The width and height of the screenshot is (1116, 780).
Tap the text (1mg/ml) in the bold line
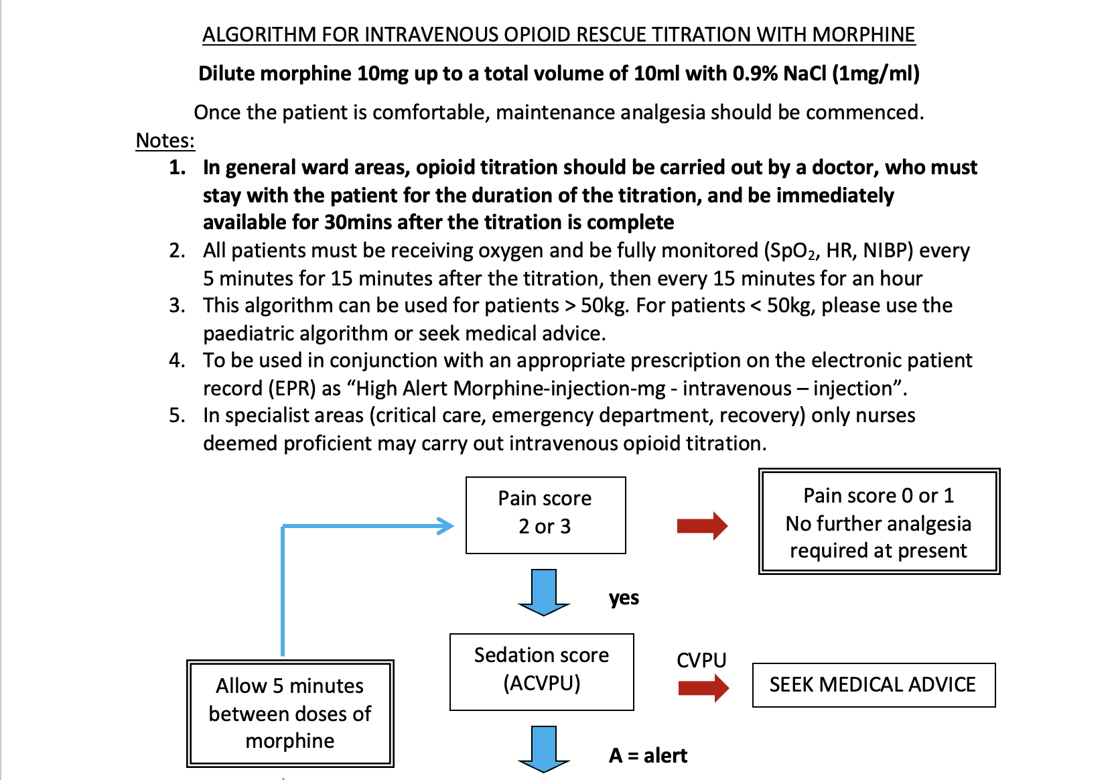pyautogui.click(x=876, y=73)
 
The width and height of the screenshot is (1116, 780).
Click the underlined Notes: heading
pyautogui.click(x=165, y=141)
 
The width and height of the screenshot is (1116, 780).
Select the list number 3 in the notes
pyautogui.click(x=177, y=306)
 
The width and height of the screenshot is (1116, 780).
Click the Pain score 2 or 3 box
pyautogui.click(x=545, y=515)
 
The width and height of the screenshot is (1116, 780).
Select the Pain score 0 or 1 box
pyautogui.click(x=878, y=521)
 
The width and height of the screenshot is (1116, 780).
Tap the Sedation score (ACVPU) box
pyautogui.click(x=541, y=671)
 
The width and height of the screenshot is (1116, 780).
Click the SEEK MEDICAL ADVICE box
pyautogui.click(x=873, y=685)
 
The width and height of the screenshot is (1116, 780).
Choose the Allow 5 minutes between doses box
pyautogui.click(x=289, y=713)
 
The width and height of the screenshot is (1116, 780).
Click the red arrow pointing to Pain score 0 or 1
pyautogui.click(x=701, y=526)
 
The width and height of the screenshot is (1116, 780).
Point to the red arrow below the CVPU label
pyautogui.click(x=703, y=688)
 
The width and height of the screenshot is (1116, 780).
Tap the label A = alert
pyautogui.click(x=648, y=756)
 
